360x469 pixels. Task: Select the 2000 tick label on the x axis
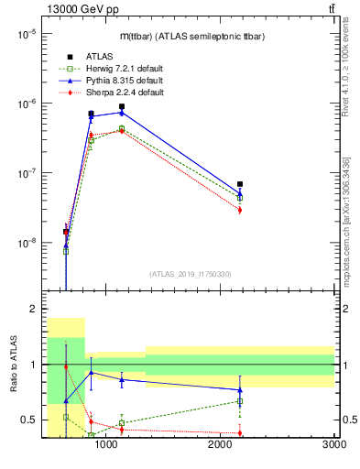click(220, 445)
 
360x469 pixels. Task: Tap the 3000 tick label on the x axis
click(333, 445)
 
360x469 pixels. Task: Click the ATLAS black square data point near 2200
click(240, 184)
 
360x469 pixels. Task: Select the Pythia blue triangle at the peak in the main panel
click(122, 113)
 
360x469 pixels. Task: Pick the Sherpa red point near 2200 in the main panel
click(240, 210)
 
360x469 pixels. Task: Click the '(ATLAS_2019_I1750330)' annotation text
click(191, 274)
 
